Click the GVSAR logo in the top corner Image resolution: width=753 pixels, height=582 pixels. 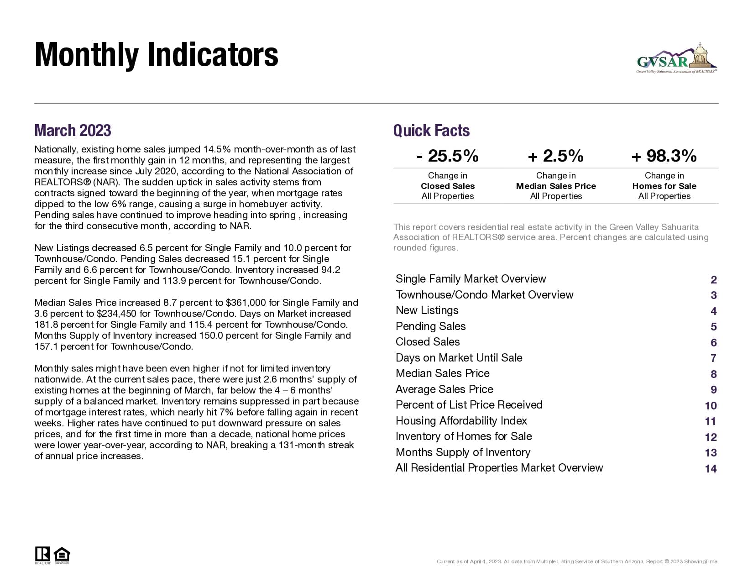click(677, 59)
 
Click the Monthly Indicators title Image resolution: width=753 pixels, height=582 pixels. click(156, 55)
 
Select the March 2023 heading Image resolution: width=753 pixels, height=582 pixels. click(73, 131)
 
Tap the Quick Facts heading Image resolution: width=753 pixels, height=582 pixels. click(431, 131)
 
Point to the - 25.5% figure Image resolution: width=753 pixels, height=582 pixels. click(447, 156)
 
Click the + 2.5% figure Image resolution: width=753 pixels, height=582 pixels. click(555, 156)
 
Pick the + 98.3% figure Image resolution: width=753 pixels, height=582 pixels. click(664, 156)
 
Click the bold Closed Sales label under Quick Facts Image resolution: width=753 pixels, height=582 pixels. click(447, 186)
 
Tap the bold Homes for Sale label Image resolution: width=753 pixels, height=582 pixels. click(664, 186)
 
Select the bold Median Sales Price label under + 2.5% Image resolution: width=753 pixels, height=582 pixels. click(555, 186)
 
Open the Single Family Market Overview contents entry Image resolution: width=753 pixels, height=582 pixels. click(471, 279)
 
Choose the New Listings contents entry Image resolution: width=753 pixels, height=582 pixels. click(427, 310)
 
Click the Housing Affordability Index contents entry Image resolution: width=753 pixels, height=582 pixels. click(461, 421)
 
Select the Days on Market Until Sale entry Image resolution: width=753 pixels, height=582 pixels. click(459, 358)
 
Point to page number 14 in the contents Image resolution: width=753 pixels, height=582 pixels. click(711, 469)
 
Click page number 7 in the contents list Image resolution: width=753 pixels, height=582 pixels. click(713, 358)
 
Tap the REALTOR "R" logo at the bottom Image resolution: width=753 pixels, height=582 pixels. click(42, 554)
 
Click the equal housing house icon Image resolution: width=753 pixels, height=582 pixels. click(62, 555)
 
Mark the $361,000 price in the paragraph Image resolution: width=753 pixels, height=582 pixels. click(246, 303)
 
